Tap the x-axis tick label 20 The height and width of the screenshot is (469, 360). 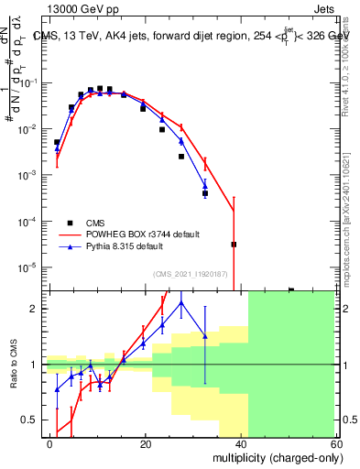click(146, 443)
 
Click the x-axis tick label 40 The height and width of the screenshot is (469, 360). click(241, 443)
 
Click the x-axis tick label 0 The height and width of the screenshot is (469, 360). click(50, 443)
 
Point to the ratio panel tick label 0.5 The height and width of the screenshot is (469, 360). click(35, 420)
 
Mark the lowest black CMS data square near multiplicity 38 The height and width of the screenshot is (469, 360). click(234, 245)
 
